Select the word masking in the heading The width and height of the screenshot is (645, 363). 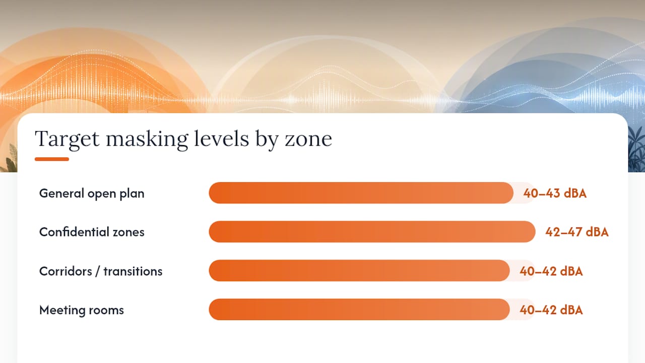[147, 140]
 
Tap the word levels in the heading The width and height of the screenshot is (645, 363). [221, 139]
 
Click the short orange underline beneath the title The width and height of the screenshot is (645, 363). [52, 159]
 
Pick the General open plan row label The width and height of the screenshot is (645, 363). [92, 193]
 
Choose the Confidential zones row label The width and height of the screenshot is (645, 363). [92, 232]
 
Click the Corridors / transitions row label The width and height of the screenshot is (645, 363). [101, 271]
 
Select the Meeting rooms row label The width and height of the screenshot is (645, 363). [82, 310]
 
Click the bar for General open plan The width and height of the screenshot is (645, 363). [361, 193]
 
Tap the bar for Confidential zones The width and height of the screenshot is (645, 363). [372, 231]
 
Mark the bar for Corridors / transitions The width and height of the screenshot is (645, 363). [359, 271]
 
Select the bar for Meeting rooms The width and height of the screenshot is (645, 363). [359, 310]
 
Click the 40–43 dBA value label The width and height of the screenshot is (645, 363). [555, 193]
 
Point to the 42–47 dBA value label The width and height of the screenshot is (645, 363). [577, 232]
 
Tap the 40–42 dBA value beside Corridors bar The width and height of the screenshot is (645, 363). [551, 271]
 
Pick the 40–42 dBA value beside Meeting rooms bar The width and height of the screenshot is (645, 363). [551, 310]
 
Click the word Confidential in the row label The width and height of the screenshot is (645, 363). [74, 232]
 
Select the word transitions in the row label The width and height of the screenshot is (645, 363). [133, 271]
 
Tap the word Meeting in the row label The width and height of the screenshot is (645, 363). [62, 311]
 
